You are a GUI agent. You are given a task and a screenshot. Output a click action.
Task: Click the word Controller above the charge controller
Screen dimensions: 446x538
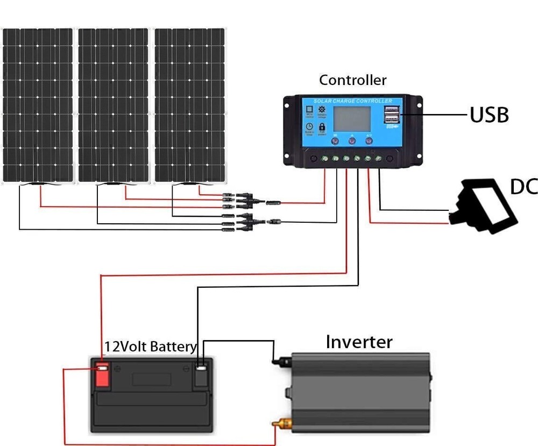[x=352, y=80]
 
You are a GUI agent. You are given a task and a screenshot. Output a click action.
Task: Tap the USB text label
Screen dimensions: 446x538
[x=489, y=115]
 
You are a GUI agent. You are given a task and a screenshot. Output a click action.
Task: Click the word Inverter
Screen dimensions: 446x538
[x=359, y=342]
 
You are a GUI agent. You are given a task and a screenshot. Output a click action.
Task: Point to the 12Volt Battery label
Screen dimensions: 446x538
[x=151, y=346]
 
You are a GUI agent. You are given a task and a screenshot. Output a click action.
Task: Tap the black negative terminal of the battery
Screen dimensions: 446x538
[x=201, y=375]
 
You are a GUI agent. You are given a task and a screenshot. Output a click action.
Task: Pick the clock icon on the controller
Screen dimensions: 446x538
[x=309, y=127]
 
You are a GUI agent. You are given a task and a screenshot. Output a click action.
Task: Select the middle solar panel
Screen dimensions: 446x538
[x=114, y=105]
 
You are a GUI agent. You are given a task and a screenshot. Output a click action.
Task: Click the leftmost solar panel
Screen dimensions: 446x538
[x=37, y=105]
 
